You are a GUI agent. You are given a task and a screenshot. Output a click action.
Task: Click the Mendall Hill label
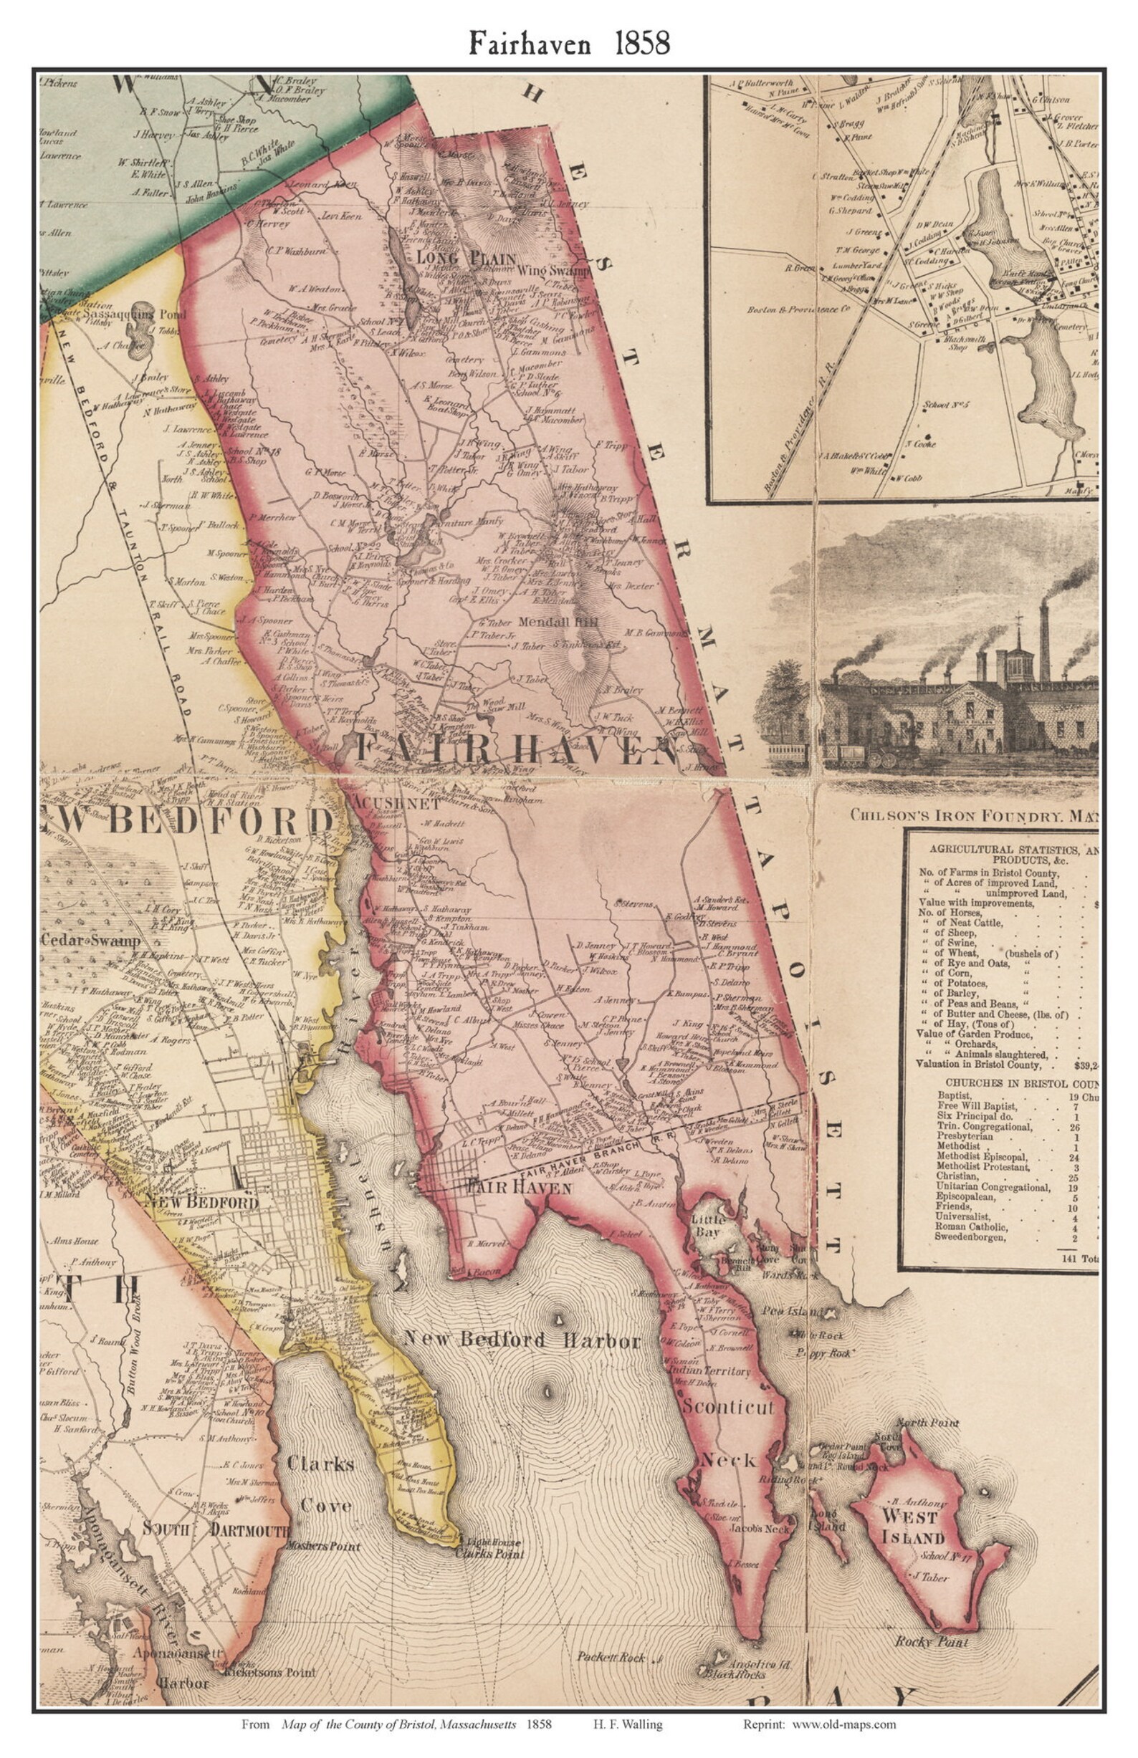[x=558, y=622]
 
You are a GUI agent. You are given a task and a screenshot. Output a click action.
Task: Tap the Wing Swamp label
[x=555, y=271]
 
